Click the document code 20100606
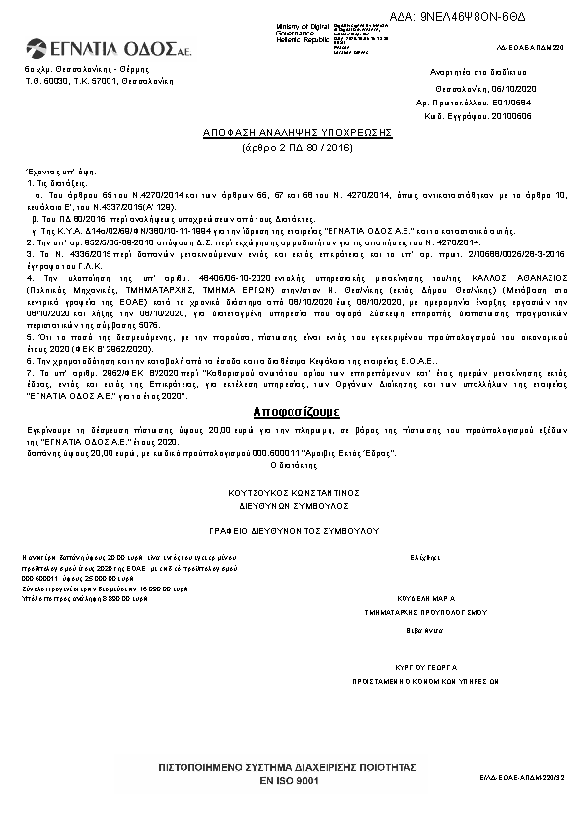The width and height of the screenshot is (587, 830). (512, 115)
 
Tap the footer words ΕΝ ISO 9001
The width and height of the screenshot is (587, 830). (289, 780)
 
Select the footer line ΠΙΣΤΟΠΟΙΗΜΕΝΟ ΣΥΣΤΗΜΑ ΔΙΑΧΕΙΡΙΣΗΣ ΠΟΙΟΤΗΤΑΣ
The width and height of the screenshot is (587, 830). (289, 767)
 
